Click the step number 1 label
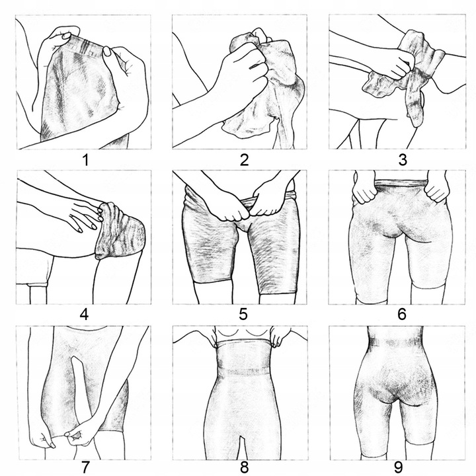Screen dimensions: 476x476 pyautogui.click(x=86, y=160)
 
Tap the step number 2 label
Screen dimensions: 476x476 pyautogui.click(x=244, y=160)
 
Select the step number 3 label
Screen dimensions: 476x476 pyautogui.click(x=403, y=160)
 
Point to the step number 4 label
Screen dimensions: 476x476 pyautogui.click(x=84, y=314)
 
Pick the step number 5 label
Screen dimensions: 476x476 pyautogui.click(x=243, y=314)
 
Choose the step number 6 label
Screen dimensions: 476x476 pyautogui.click(x=402, y=314)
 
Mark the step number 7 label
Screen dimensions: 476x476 pyautogui.click(x=85, y=468)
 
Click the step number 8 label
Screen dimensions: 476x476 pyautogui.click(x=245, y=468)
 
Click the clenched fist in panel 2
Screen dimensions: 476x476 pyautogui.click(x=243, y=71)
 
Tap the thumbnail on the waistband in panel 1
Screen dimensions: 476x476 pyautogui.click(x=107, y=51)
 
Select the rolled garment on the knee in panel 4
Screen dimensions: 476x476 pyautogui.click(x=120, y=231)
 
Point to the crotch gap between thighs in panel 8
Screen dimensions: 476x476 pyautogui.click(x=242, y=448)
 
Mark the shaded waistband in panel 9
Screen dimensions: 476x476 pyautogui.click(x=395, y=343)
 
